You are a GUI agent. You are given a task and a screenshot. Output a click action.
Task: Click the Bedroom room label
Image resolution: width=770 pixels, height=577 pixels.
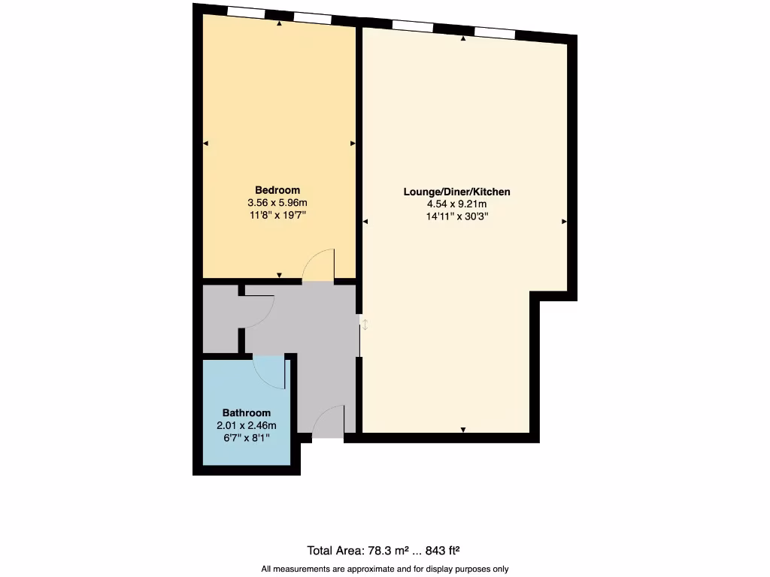pyautogui.click(x=277, y=190)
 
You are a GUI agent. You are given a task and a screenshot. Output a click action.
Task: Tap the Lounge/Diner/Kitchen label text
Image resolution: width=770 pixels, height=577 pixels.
pyautogui.click(x=456, y=192)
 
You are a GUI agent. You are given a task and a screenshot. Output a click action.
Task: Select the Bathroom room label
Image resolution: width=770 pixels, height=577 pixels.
pyautogui.click(x=246, y=413)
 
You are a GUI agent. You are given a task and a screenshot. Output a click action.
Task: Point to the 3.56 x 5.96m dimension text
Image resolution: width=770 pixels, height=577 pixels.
pyautogui.click(x=277, y=203)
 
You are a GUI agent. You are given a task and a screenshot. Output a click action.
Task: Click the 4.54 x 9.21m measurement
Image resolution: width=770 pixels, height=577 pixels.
pyautogui.click(x=456, y=204)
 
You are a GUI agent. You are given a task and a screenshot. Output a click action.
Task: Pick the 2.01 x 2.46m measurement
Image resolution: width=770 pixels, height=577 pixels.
pyautogui.click(x=246, y=425)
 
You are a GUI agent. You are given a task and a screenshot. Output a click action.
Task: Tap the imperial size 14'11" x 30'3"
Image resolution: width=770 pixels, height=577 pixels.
pyautogui.click(x=456, y=216)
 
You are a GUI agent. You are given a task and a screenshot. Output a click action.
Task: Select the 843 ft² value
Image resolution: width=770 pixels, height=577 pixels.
pyautogui.click(x=448, y=549)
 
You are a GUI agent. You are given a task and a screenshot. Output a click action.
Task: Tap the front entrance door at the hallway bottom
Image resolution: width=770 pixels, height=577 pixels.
pyautogui.click(x=329, y=422)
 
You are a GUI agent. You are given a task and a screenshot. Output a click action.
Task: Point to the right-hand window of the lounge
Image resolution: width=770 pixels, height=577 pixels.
pyautogui.click(x=495, y=33)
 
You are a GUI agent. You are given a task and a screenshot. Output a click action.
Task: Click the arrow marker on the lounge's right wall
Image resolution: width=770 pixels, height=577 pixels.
pyautogui.click(x=563, y=222)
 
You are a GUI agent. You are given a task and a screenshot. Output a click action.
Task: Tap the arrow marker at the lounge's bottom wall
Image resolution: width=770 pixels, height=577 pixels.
pyautogui.click(x=463, y=429)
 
